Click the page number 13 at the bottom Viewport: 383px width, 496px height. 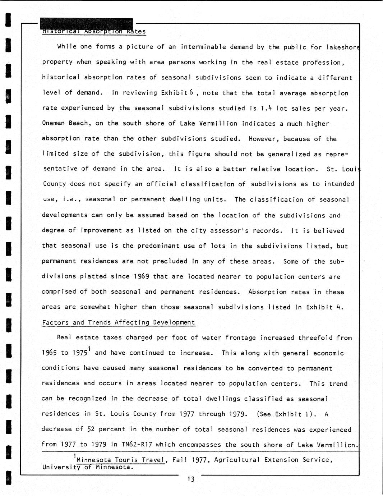[x=191, y=479]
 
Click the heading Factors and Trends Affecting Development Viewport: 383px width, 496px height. [x=119, y=322]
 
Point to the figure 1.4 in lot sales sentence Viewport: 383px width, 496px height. [x=266, y=108]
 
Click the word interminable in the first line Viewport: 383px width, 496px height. [x=203, y=47]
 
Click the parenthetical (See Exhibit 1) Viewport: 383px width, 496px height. [x=287, y=414]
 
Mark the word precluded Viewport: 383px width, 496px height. [x=170, y=261]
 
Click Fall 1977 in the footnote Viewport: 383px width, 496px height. [x=190, y=460]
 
